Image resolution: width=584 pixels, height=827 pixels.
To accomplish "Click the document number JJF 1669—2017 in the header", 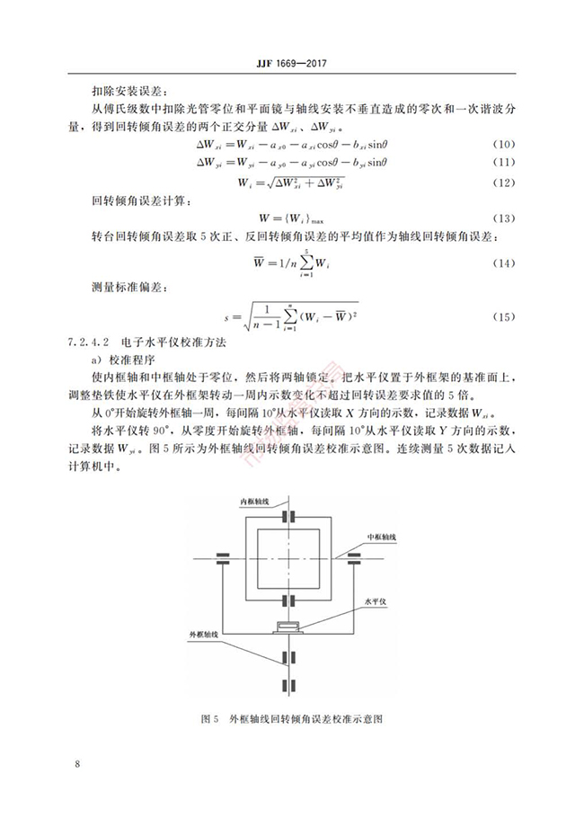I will click(x=291, y=63).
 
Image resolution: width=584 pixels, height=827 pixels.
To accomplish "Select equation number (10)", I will click(x=505, y=145).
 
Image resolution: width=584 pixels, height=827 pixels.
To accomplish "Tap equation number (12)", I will click(x=505, y=182).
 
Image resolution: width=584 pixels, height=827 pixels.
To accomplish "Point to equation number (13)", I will click(x=505, y=219).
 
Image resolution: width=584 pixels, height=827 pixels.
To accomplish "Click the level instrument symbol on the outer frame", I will click(x=288, y=626).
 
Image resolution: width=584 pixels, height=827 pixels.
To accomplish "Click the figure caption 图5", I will click(x=211, y=720).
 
